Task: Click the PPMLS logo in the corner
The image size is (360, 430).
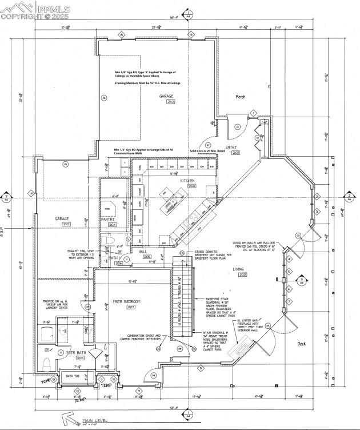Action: click(x=35, y=11)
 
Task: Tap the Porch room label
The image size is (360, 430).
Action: click(x=241, y=97)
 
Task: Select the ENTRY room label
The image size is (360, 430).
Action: click(x=231, y=147)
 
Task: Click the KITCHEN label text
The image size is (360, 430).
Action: click(x=188, y=180)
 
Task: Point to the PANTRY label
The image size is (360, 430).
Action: click(x=109, y=219)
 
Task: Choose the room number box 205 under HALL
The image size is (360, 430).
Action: click(x=147, y=257)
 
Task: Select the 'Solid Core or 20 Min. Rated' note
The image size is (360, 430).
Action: click(x=201, y=151)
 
